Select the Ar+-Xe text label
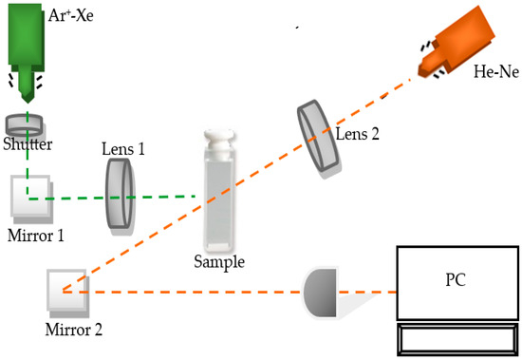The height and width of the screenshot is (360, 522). click(70, 15)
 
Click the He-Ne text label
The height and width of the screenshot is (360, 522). click(496, 71)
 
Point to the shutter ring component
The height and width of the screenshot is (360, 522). click(25, 125)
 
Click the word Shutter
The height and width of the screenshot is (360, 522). click(28, 144)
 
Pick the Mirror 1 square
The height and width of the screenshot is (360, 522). click(31, 199)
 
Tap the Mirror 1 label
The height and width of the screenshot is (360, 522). click(36, 236)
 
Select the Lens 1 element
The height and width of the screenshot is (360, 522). click(121, 197)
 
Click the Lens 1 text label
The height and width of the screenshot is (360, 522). click(123, 149)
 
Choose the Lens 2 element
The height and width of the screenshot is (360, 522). click(318, 139)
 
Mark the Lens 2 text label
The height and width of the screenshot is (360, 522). click(358, 134)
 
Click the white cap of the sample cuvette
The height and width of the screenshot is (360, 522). click(219, 142)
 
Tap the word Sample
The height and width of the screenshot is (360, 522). click(219, 261)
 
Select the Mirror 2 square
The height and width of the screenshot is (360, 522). click(68, 294)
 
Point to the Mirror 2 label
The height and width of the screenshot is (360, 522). click(74, 330)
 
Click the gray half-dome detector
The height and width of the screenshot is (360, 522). click(320, 293)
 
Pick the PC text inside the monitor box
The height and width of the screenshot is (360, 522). click(456, 280)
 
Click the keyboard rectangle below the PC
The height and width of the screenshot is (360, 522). click(457, 339)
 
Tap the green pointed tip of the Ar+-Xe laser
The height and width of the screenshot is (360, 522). click(28, 100)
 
